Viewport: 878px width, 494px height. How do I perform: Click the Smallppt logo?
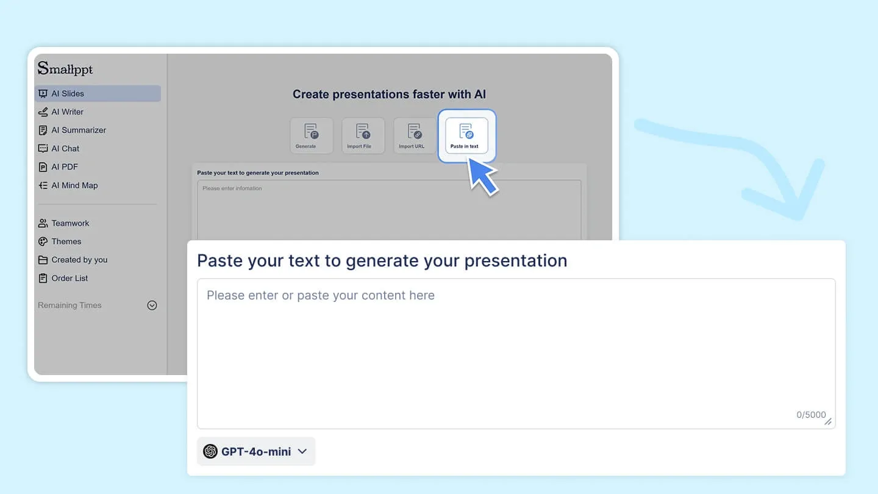pyautogui.click(x=65, y=69)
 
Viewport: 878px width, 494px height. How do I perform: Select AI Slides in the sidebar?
pyautogui.click(x=68, y=93)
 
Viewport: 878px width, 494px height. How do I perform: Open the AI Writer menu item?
pyautogui.click(x=67, y=112)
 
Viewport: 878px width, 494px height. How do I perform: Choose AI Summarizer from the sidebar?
pyautogui.click(x=78, y=130)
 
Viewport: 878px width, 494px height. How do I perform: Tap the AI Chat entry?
pyautogui.click(x=65, y=148)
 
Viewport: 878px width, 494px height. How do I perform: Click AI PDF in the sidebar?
pyautogui.click(x=64, y=166)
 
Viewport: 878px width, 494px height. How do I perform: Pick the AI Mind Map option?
pyautogui.click(x=74, y=185)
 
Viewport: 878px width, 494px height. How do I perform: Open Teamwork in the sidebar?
pyautogui.click(x=70, y=223)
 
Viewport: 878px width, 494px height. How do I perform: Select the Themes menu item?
pyautogui.click(x=66, y=242)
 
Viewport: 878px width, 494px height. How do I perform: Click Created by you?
pyautogui.click(x=79, y=260)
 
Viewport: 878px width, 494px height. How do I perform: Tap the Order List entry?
pyautogui.click(x=70, y=278)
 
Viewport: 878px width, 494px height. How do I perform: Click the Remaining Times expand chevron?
pyautogui.click(x=152, y=306)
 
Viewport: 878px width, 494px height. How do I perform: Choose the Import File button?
pyautogui.click(x=363, y=135)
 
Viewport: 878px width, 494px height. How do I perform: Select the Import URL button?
pyautogui.click(x=415, y=135)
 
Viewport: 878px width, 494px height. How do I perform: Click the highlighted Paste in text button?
pyautogui.click(x=466, y=135)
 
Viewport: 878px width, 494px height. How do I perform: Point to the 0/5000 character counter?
pyautogui.click(x=811, y=415)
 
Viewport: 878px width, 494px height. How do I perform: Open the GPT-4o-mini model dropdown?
pyautogui.click(x=256, y=451)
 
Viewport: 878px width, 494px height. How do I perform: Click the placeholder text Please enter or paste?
pyautogui.click(x=321, y=296)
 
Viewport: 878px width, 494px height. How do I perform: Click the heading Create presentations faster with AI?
pyautogui.click(x=389, y=95)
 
